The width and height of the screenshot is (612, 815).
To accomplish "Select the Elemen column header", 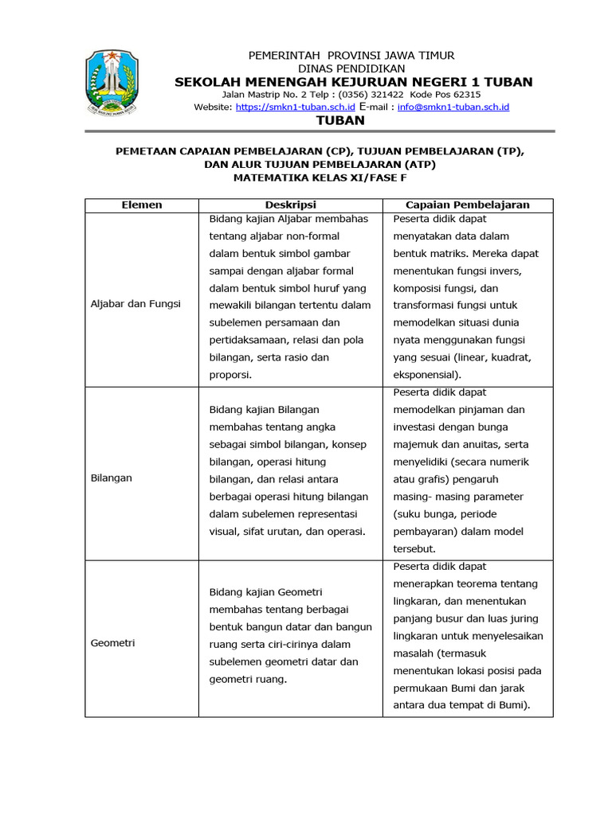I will [141, 205].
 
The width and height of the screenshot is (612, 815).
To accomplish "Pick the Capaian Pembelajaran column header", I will [468, 205].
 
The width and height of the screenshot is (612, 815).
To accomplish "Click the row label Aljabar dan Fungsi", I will [135, 304].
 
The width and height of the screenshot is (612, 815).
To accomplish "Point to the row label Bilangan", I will [112, 478].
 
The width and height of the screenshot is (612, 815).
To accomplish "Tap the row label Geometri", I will [112, 643].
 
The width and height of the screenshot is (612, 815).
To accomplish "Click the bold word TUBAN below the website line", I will [340, 121].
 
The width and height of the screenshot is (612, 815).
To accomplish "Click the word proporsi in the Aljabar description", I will [229, 375].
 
